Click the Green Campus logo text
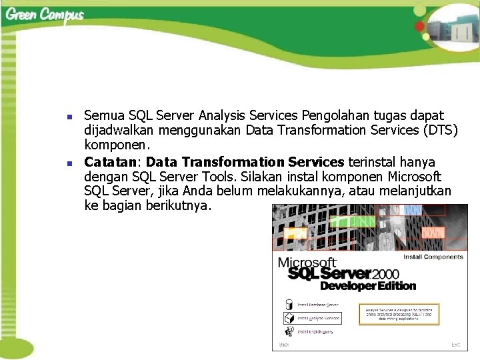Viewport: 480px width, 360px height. [45, 15]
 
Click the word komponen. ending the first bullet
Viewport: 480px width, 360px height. [117, 145]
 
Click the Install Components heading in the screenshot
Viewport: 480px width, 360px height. [433, 257]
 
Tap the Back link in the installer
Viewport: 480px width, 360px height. [284, 345]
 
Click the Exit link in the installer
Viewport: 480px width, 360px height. [455, 345]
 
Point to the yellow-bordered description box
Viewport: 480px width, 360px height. [399, 314]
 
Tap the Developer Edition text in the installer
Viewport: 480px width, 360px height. [368, 286]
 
